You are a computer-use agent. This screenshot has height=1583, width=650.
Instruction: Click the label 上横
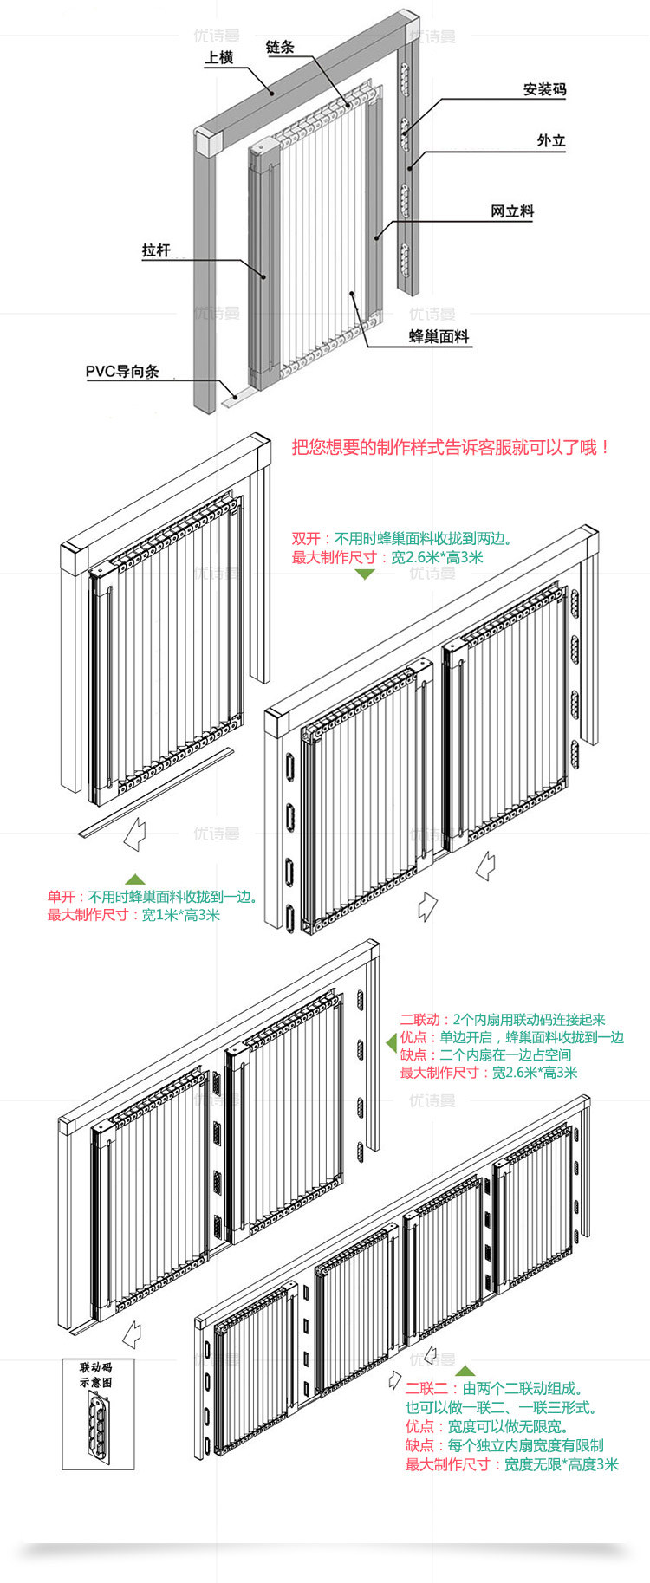point(219,57)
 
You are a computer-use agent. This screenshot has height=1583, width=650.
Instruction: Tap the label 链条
point(280,47)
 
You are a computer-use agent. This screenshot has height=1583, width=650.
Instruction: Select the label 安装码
point(544,89)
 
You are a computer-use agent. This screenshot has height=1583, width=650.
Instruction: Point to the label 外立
point(550,140)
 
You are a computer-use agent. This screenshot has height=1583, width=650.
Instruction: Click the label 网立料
point(511,211)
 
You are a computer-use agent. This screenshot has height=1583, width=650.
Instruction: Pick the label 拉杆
point(156,250)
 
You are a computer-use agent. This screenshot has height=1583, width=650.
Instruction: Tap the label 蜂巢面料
point(439,336)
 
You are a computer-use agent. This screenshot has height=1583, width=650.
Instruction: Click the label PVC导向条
point(122,371)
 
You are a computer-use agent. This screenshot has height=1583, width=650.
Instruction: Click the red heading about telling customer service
point(452,447)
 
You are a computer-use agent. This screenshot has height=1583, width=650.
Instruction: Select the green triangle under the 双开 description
point(365,574)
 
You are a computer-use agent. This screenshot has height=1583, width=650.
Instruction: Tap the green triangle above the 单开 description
point(134,879)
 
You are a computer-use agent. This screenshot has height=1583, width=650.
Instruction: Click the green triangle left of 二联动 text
point(391,1043)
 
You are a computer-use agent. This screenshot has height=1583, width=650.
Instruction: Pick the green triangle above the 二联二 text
point(465,1370)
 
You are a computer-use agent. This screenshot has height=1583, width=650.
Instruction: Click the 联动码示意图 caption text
point(95,1374)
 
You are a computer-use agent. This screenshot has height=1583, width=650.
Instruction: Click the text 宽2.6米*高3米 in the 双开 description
point(437,557)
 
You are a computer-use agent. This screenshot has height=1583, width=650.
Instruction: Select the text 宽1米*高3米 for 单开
point(181,914)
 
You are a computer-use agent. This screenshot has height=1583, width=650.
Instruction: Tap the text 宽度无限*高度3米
point(561,1464)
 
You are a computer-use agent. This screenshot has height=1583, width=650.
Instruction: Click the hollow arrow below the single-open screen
point(134,835)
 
